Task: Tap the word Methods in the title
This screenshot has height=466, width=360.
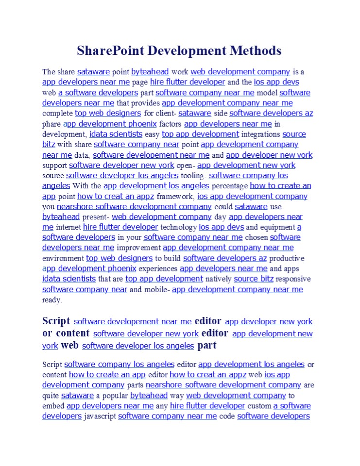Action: pos(255,51)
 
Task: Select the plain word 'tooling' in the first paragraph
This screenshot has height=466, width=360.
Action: pos(193,176)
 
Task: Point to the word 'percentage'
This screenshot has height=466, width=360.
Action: pos(229,186)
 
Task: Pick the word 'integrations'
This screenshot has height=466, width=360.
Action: pos(260,134)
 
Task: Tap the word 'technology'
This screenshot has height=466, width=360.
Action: pos(178,227)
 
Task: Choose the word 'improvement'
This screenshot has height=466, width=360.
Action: pos(138,248)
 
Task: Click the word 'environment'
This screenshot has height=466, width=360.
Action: pos(63,258)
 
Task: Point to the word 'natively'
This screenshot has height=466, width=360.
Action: pos(218,279)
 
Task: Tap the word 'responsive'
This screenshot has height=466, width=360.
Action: pos(293,279)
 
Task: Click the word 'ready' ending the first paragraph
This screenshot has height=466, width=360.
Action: pos(51,300)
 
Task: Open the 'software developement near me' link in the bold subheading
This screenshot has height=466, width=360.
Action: pos(133,321)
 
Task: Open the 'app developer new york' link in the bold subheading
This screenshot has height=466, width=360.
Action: pos(269,321)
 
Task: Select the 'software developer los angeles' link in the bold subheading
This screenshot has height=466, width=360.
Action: pos(138,346)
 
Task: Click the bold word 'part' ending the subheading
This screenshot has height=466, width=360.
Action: pos(207,346)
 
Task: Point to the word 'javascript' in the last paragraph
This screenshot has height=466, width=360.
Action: pos(100,416)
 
